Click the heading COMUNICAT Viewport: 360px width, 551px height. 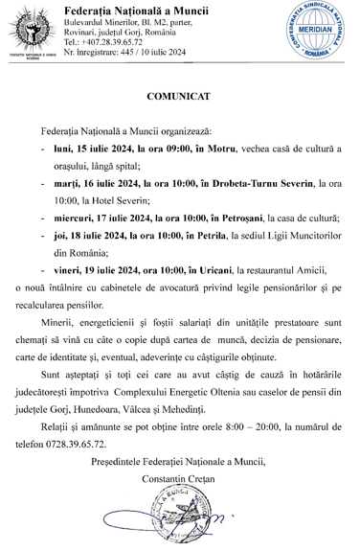click(x=179, y=98)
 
